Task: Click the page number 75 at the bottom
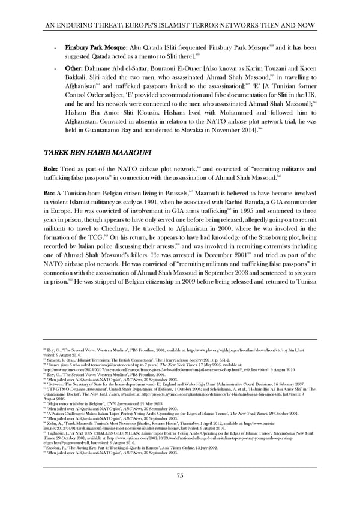[179, 476]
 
